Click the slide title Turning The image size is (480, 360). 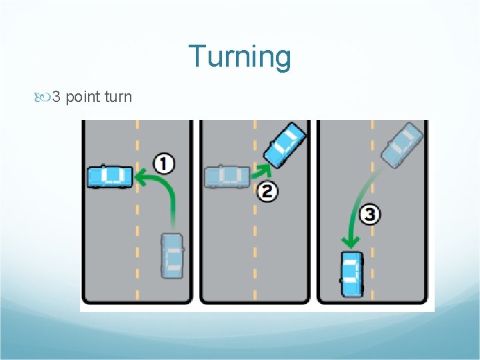coord(239,57)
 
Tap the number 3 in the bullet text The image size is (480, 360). coord(57,97)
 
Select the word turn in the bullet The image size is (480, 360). coord(118,97)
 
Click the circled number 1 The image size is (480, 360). coord(164,163)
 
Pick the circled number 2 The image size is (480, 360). coord(267,192)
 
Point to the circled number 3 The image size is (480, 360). coord(370,215)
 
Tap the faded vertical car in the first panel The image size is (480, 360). coord(173,255)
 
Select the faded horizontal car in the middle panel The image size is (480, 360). coord(227,176)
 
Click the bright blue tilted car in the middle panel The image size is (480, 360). coord(285,145)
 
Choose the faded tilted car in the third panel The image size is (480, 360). coord(402,145)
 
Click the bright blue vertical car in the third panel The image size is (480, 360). coord(351,273)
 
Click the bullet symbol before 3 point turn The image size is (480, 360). coord(44,98)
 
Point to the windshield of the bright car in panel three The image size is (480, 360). coord(351,261)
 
